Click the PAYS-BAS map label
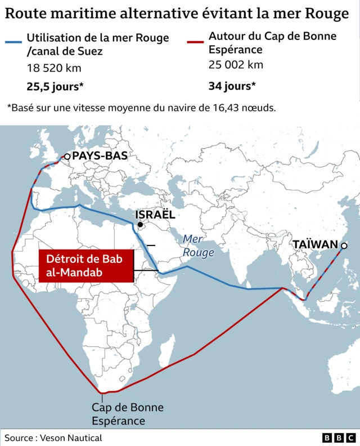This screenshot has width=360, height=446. (100, 156)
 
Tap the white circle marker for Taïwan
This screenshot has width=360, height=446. (344, 246)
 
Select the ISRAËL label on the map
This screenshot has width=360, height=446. (155, 215)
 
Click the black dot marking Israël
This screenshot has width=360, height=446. (140, 225)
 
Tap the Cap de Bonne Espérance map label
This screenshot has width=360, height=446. (119, 414)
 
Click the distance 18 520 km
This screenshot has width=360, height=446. (54, 68)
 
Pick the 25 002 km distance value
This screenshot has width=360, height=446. (236, 64)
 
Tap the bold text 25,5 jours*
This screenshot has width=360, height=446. (55, 86)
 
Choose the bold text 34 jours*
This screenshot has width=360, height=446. (232, 86)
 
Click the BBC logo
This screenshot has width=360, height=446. (339, 438)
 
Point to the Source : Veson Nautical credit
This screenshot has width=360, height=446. (53, 438)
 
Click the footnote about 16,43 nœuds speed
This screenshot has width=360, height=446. (141, 107)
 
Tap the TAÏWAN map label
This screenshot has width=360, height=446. (315, 245)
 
